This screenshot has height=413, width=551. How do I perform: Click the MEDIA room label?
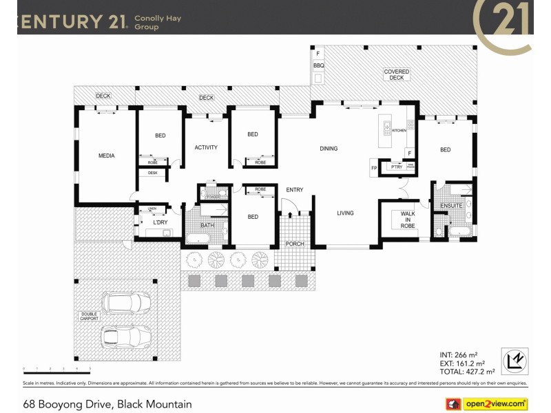point(106,156)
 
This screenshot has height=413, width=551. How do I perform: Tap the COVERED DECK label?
point(396,74)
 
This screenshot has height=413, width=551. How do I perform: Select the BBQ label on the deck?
point(318,65)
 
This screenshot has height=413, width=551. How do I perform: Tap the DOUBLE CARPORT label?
point(88,317)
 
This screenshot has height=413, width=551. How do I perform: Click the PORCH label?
point(295,244)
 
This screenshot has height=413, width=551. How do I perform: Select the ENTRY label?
point(295,190)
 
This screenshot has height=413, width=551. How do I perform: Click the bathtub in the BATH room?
point(198,239)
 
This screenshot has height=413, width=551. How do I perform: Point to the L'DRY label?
point(160,223)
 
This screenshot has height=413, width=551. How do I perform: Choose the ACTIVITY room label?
point(206,147)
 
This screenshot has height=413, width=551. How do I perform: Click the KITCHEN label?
point(399,130)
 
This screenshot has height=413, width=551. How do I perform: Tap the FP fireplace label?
point(375,168)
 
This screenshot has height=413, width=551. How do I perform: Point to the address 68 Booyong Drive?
point(107,404)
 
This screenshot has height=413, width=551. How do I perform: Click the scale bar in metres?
point(52,370)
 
